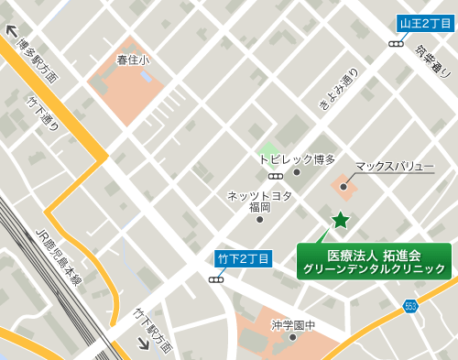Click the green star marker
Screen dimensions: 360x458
point(341,219)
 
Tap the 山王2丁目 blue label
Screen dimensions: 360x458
point(424,24)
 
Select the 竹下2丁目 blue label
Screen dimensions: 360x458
point(243,258)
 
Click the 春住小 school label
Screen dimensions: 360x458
point(132,60)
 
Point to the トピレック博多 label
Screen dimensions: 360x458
point(298,158)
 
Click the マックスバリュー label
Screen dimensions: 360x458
point(394,166)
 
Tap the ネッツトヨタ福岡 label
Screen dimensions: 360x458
point(260,202)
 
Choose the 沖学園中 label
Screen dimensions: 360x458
point(293,324)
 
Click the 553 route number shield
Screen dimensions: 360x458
point(410,306)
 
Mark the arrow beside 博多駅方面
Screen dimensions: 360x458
point(12,29)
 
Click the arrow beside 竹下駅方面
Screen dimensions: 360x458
point(144,344)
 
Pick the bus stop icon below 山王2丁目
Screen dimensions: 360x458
point(397,43)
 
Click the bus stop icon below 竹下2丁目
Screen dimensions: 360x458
point(216,278)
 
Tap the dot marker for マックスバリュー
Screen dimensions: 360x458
point(343,187)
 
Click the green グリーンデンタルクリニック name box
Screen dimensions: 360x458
point(375,261)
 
